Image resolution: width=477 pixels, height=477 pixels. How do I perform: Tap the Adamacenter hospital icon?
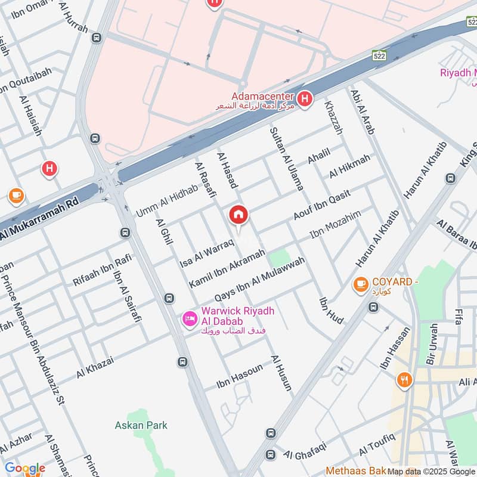coord(305,99)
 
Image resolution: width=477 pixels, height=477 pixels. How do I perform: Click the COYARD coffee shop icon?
coord(360,285)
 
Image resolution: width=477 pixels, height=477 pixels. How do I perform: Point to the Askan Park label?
coord(141,425)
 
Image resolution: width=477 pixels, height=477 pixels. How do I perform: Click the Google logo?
coord(25,468)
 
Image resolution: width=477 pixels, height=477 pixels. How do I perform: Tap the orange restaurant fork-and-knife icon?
coord(404,379)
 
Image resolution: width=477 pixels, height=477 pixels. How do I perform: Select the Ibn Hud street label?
coord(332,311)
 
